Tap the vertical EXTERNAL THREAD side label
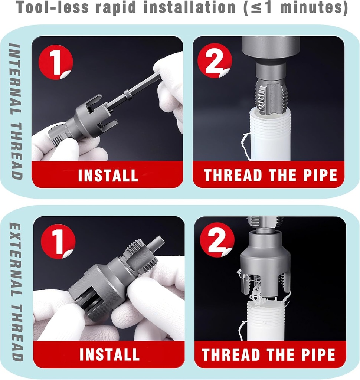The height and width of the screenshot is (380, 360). click(16, 291)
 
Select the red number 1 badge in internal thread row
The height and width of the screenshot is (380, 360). click(56, 62)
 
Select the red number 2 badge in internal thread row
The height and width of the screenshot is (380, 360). click(215, 60)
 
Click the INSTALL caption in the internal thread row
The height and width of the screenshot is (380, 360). click(108, 175)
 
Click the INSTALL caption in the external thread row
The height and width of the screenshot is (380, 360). click(109, 355)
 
